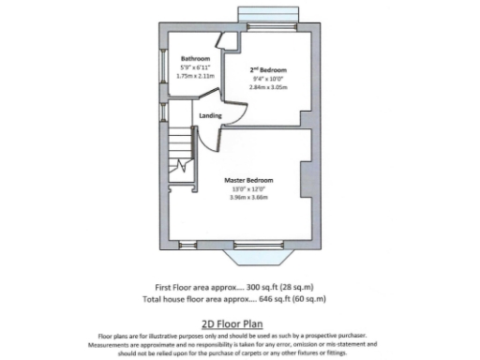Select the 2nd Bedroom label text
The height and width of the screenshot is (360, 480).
pyautogui.click(x=268, y=70)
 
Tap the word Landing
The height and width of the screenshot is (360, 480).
pyautogui.click(x=210, y=115)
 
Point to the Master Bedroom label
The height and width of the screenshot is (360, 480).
pyautogui.click(x=248, y=180)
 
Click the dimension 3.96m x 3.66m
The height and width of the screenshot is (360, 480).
pyautogui.click(x=249, y=198)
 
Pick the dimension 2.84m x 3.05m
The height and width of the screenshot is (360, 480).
pyautogui.click(x=268, y=86)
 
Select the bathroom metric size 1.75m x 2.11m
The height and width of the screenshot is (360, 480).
pyautogui.click(x=196, y=75)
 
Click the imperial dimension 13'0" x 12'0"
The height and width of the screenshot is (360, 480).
pyautogui.click(x=249, y=189)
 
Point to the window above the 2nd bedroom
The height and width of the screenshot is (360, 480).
pyautogui.click(x=268, y=14)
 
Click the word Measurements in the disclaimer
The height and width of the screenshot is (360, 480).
pyautogui.click(x=136, y=343)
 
